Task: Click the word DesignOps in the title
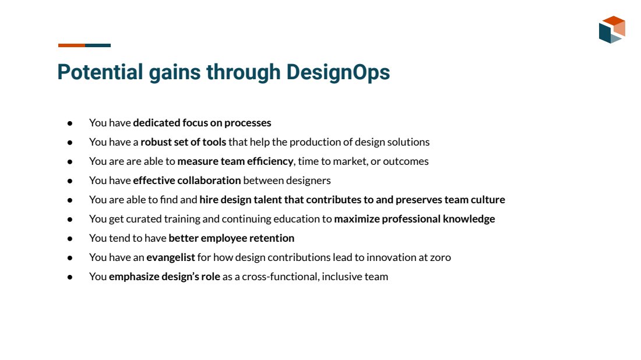coord(338,73)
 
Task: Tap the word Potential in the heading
coord(100,72)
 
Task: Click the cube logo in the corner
coord(612,30)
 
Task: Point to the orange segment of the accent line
coord(72,45)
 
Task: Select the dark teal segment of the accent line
coord(98,45)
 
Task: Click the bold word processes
coord(248,122)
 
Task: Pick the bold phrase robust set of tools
coord(183,142)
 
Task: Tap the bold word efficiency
coord(270,161)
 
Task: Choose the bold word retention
coord(272,238)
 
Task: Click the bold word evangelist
coord(171,257)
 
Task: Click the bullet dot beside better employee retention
coord(70,238)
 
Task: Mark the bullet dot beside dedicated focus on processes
coord(70,123)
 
